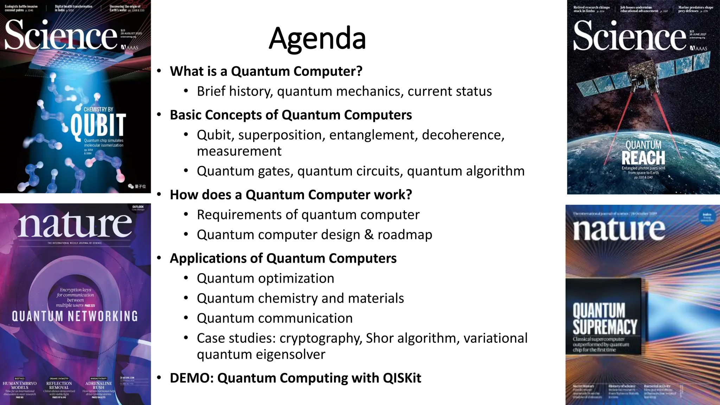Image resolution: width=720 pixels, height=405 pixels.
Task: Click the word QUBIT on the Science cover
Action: [98, 125]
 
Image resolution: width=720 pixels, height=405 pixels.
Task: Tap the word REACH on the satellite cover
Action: [643, 158]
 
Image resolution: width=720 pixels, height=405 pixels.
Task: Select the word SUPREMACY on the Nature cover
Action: [605, 327]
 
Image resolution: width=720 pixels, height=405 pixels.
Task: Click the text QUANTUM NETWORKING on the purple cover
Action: [75, 316]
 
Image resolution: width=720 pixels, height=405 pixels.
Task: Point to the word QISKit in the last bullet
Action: [402, 378]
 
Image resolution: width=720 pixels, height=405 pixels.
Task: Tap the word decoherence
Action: [463, 135]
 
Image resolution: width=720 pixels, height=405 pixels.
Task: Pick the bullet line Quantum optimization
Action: [265, 278]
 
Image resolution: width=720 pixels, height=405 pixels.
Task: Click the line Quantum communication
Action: [275, 318]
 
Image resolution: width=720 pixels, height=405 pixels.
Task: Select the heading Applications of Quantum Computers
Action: [283, 258]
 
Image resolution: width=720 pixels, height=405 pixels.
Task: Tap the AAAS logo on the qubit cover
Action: [129, 47]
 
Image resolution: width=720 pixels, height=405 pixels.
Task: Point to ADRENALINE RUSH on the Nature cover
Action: [98, 385]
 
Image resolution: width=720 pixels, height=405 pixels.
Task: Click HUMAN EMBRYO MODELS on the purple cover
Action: [20, 385]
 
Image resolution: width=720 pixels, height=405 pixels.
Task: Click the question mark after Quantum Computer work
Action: [409, 195]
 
